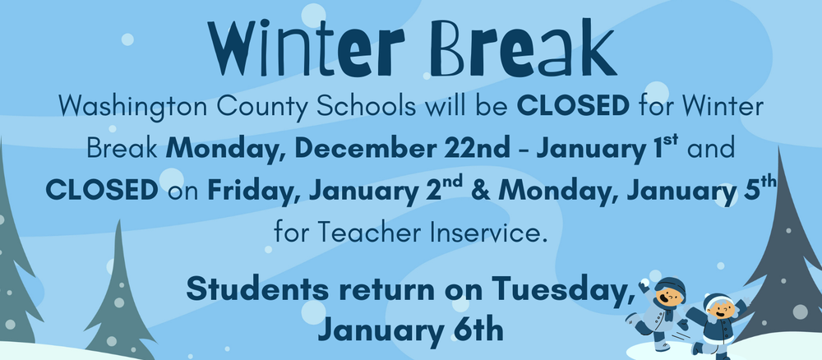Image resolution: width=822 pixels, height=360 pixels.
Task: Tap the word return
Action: [389, 291]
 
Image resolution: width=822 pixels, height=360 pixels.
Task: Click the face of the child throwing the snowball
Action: [669, 294]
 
